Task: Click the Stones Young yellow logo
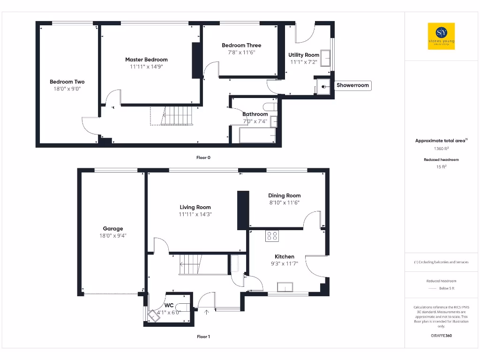click(x=441, y=36)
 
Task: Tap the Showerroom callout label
click(x=352, y=85)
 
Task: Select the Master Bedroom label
click(x=146, y=60)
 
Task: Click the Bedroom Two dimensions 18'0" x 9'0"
click(x=67, y=88)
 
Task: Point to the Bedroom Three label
click(x=241, y=45)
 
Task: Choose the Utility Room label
click(x=304, y=55)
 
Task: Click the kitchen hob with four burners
click(x=272, y=235)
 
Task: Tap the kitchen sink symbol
click(x=285, y=287)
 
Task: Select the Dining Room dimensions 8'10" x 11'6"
click(x=284, y=202)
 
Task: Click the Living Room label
click(x=195, y=207)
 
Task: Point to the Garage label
click(x=113, y=229)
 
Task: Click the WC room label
click(x=169, y=305)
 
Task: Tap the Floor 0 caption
click(x=203, y=157)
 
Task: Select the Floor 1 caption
click(x=203, y=337)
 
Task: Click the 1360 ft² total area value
click(x=441, y=149)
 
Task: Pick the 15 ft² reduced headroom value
click(x=441, y=166)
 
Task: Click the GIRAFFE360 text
click(x=441, y=336)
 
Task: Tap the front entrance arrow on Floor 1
click(x=206, y=311)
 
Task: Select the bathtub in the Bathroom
click(x=257, y=136)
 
